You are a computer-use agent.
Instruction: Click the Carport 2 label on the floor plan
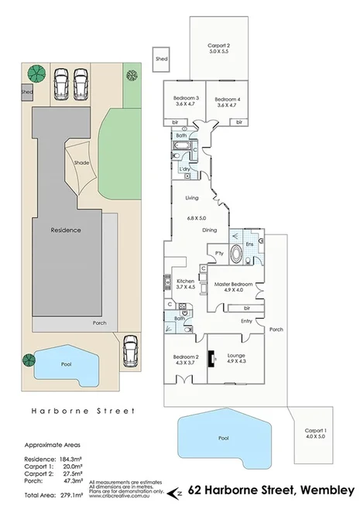pos(218,48)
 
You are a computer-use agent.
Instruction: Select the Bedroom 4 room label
pos(227,101)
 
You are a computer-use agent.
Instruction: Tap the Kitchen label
pos(185,283)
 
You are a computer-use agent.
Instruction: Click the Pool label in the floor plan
pos(224,438)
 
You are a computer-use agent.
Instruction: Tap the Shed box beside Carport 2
pos(162,58)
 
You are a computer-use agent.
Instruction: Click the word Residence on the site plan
pos(66,230)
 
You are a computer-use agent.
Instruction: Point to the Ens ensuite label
pos(249,244)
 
